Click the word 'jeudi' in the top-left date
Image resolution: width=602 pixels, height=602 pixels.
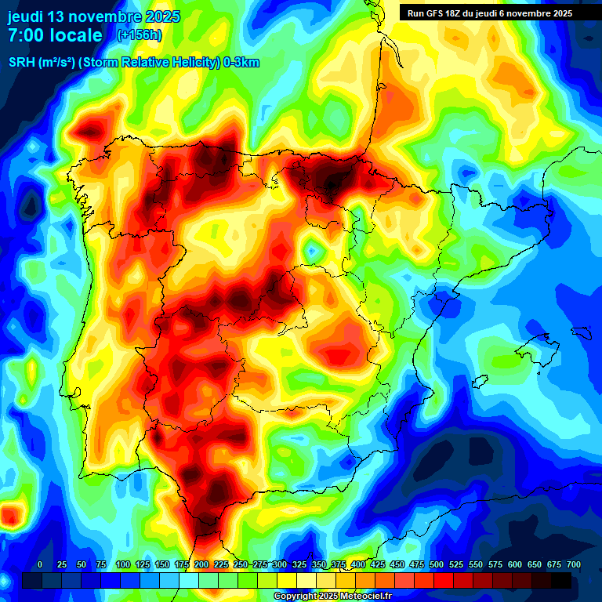(x=28, y=16)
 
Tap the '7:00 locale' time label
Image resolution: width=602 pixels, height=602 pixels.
(x=55, y=35)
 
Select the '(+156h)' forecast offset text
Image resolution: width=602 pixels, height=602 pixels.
(x=139, y=35)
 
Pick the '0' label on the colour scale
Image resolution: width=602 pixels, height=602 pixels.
(x=40, y=564)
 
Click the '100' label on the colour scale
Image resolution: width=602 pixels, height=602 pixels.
(x=123, y=564)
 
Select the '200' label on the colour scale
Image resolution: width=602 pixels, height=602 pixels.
(x=201, y=564)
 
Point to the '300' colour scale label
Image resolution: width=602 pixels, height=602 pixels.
(x=280, y=564)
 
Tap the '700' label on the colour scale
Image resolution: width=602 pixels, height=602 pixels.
(x=574, y=564)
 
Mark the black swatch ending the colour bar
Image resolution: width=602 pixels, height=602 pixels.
(x=561, y=581)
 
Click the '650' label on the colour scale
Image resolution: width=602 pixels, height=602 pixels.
(x=535, y=564)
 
